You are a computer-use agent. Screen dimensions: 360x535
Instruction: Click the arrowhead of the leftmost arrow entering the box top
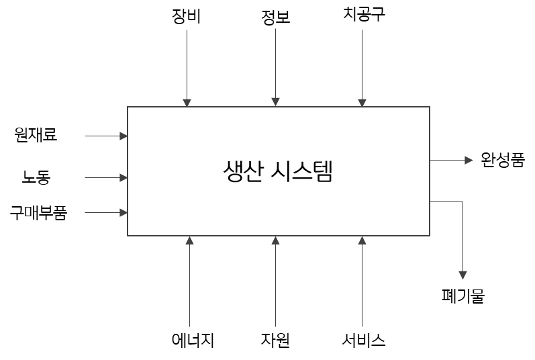click(x=187, y=103)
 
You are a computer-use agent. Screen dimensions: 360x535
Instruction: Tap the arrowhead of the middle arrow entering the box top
click(x=275, y=103)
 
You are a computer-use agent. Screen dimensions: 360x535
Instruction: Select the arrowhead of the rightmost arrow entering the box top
click(x=362, y=103)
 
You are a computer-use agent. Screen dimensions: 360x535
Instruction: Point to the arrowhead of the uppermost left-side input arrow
click(x=124, y=136)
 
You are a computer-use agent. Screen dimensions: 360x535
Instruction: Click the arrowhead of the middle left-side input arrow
click(x=124, y=178)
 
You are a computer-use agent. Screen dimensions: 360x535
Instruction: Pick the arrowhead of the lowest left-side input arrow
click(x=124, y=213)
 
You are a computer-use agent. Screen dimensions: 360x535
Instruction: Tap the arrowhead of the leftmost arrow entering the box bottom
click(x=189, y=240)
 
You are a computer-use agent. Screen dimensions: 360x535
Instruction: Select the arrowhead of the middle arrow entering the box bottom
click(x=275, y=240)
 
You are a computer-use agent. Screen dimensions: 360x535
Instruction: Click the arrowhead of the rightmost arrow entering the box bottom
click(x=362, y=240)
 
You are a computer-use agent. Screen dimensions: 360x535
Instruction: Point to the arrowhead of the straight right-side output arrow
click(x=469, y=161)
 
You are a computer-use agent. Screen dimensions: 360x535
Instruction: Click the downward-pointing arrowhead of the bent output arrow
click(x=463, y=275)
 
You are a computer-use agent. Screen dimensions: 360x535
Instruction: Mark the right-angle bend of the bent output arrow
click(x=463, y=201)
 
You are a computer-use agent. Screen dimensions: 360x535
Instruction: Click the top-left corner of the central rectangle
click(x=128, y=107)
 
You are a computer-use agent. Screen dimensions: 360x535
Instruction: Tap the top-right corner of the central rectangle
click(x=430, y=107)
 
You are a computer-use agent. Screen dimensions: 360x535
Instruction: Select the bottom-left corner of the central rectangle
click(x=128, y=236)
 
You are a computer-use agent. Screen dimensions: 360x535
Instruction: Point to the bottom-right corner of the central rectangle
click(x=430, y=236)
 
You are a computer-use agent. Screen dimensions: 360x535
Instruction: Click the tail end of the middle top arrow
click(x=275, y=29)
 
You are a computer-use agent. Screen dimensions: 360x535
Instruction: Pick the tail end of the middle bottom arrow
click(x=275, y=327)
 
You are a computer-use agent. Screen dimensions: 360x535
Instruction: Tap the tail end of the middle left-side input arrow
click(x=85, y=178)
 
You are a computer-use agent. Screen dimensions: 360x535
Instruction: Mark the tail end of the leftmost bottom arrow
click(x=189, y=327)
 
